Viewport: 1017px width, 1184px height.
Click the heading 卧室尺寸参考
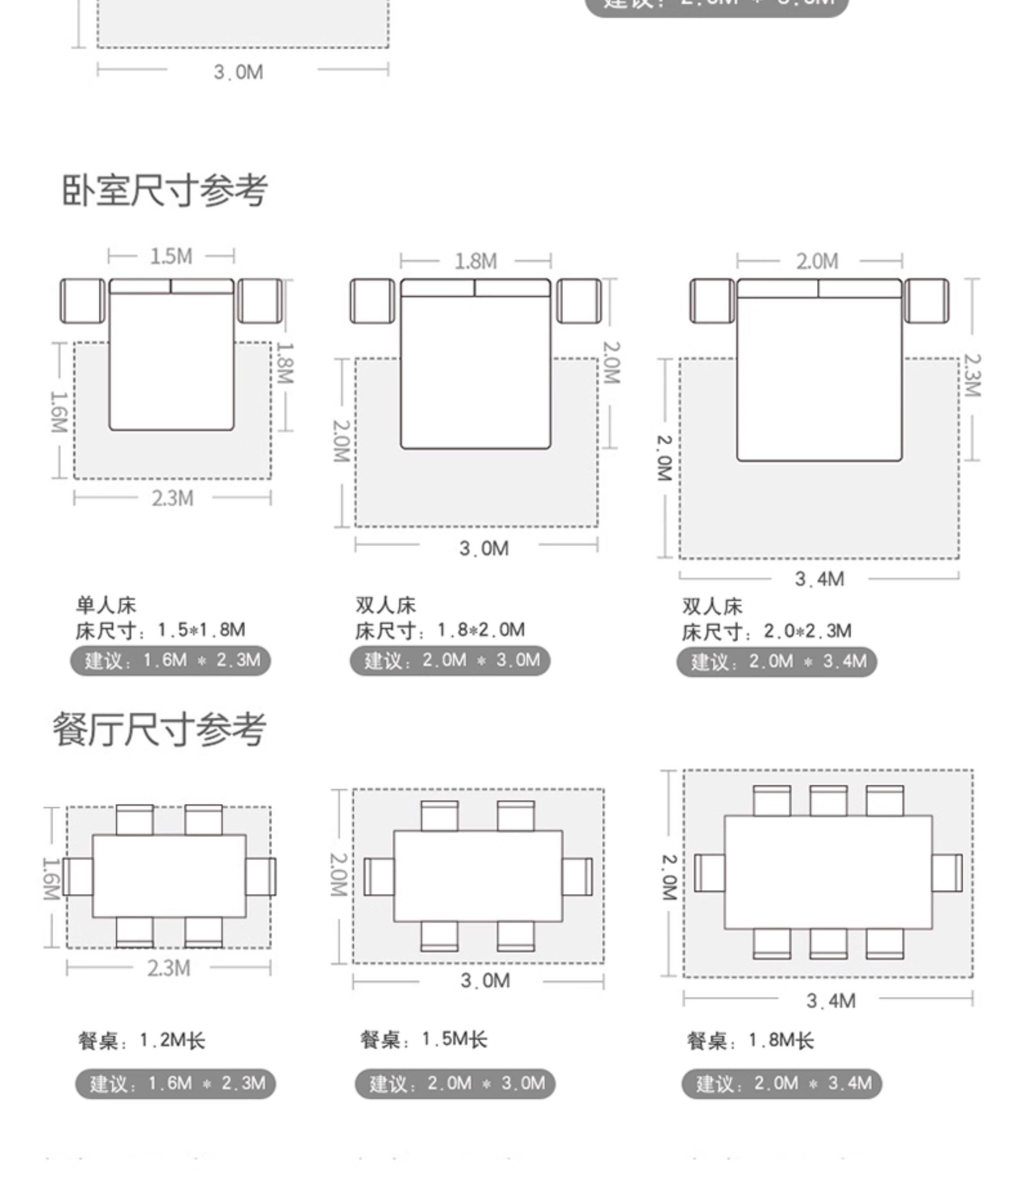click(164, 190)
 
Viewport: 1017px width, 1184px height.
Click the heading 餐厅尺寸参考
click(160, 729)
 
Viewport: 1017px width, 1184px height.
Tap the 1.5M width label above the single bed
click(171, 257)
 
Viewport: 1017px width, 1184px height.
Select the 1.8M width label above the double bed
click(476, 262)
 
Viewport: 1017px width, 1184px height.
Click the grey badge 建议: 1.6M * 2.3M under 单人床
click(170, 660)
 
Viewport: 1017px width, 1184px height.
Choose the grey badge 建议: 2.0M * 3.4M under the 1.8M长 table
click(782, 1084)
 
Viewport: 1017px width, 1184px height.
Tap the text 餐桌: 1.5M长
click(424, 1039)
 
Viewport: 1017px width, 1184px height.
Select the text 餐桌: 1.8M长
click(750, 1041)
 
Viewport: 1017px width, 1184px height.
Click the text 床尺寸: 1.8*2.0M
click(440, 630)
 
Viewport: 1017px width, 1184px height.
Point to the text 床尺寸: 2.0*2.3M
click(766, 631)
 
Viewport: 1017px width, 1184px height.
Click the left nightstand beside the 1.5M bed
click(82, 301)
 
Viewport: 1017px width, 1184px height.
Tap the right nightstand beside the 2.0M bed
click(926, 301)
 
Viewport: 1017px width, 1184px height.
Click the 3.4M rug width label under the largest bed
click(819, 579)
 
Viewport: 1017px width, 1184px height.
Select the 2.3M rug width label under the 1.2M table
click(169, 968)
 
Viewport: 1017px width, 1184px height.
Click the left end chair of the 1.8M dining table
click(709, 872)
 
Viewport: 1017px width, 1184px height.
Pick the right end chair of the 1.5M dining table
click(577, 876)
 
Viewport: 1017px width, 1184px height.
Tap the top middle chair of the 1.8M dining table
click(828, 801)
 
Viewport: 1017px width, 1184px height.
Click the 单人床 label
click(106, 605)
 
